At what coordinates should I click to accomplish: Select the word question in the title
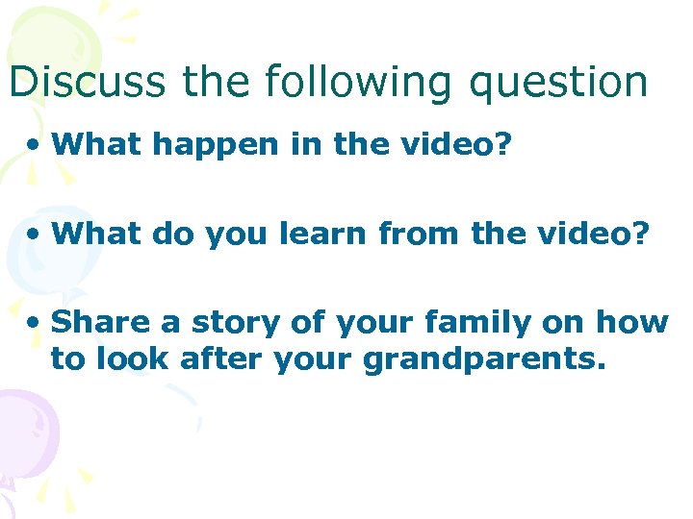click(x=559, y=84)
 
